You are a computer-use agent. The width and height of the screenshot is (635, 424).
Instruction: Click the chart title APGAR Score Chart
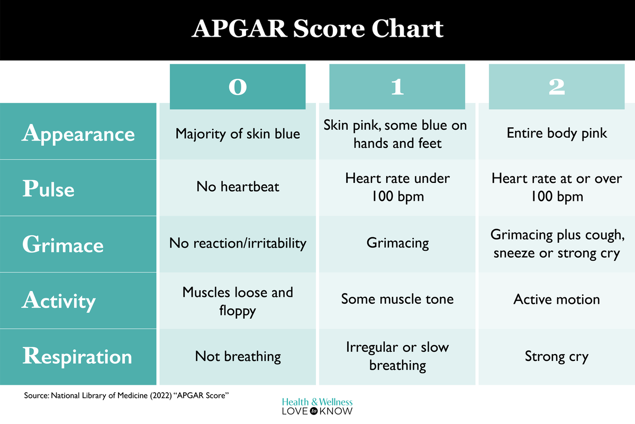tap(317, 29)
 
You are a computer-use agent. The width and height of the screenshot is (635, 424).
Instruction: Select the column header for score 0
tap(238, 87)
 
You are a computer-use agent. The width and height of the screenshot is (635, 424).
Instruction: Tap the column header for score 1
tap(397, 87)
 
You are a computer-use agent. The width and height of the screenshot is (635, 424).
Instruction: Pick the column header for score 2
tap(557, 87)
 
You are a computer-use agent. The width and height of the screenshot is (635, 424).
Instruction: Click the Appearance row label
tap(78, 133)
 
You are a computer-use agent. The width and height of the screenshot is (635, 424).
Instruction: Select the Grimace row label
tap(62, 245)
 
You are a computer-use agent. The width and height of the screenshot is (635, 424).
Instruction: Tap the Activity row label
tap(59, 301)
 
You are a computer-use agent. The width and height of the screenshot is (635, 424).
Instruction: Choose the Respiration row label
tap(77, 356)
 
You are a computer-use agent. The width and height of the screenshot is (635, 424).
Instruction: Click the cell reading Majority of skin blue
tap(238, 133)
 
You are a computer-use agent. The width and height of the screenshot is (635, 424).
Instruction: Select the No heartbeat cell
tap(238, 187)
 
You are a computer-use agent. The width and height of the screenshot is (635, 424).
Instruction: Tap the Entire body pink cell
tap(557, 132)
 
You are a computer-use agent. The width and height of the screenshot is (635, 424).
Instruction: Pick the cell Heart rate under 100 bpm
tap(397, 187)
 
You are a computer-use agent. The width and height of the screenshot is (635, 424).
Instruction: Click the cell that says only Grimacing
tap(397, 243)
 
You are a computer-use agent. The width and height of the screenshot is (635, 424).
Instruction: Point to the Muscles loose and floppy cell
tap(238, 301)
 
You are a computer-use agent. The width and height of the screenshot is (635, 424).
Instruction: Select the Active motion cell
tap(557, 299)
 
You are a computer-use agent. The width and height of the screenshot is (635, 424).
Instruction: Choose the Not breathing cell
tap(238, 356)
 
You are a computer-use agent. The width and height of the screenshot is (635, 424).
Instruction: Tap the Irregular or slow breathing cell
tap(397, 356)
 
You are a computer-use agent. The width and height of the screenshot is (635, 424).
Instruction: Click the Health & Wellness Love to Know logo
tap(317, 407)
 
